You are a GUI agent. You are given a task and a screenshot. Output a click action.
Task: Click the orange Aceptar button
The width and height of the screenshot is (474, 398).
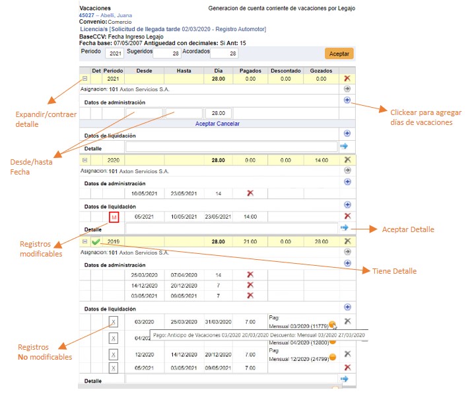click(339, 54)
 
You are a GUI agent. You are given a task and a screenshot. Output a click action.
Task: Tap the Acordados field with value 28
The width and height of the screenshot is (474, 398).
click(224, 54)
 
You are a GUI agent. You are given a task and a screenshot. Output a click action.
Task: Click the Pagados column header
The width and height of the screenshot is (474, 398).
click(250, 71)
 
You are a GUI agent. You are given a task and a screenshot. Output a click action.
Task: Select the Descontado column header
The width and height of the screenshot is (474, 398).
click(285, 71)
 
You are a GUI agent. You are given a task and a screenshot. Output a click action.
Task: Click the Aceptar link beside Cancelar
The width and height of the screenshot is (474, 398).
click(207, 124)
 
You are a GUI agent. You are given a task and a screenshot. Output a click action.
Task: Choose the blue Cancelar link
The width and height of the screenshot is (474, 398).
click(229, 124)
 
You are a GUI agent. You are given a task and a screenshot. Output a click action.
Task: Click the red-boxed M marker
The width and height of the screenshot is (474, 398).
click(114, 216)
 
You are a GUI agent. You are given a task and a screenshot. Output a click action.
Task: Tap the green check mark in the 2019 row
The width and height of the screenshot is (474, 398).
click(96, 241)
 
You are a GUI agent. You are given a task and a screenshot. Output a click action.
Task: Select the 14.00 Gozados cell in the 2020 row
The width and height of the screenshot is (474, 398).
click(321, 160)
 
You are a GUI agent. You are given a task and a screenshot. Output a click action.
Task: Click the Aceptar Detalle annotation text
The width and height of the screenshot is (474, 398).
click(408, 229)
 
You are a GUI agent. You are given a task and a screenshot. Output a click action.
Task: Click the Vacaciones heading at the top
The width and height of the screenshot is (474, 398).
click(94, 7)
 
